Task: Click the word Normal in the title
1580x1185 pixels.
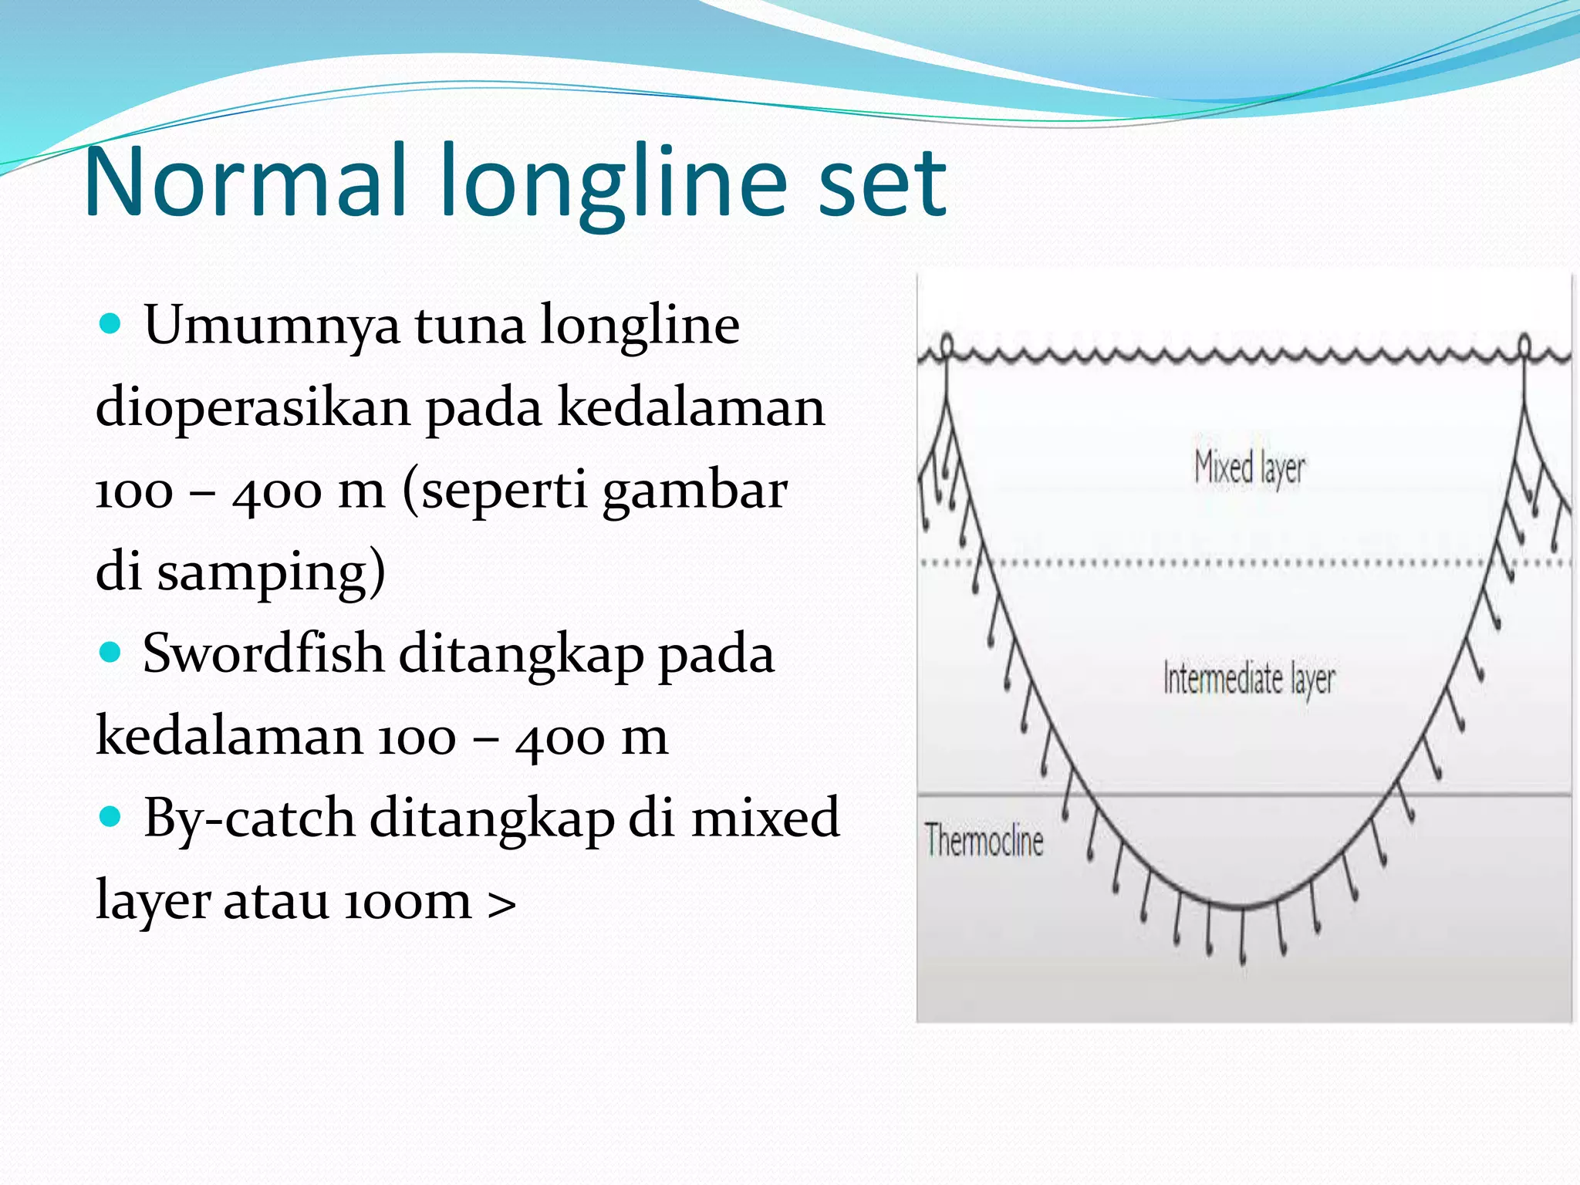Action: point(245,182)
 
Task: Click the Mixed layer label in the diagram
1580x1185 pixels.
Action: point(1249,468)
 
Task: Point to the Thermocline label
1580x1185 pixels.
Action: point(984,841)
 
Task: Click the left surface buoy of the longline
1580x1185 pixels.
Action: point(947,344)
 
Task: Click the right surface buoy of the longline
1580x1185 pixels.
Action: point(1524,343)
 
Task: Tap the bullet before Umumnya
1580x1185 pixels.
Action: point(111,324)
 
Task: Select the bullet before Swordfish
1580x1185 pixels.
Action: point(111,653)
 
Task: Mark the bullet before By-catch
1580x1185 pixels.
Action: point(111,817)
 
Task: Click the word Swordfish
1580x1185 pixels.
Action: point(263,653)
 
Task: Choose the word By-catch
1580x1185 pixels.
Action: point(249,819)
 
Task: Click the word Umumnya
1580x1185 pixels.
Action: point(272,326)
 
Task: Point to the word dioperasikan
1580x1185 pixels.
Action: point(253,407)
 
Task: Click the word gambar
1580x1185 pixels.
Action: point(694,491)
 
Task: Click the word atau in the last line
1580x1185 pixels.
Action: point(275,901)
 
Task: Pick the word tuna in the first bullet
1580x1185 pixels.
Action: point(470,326)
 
